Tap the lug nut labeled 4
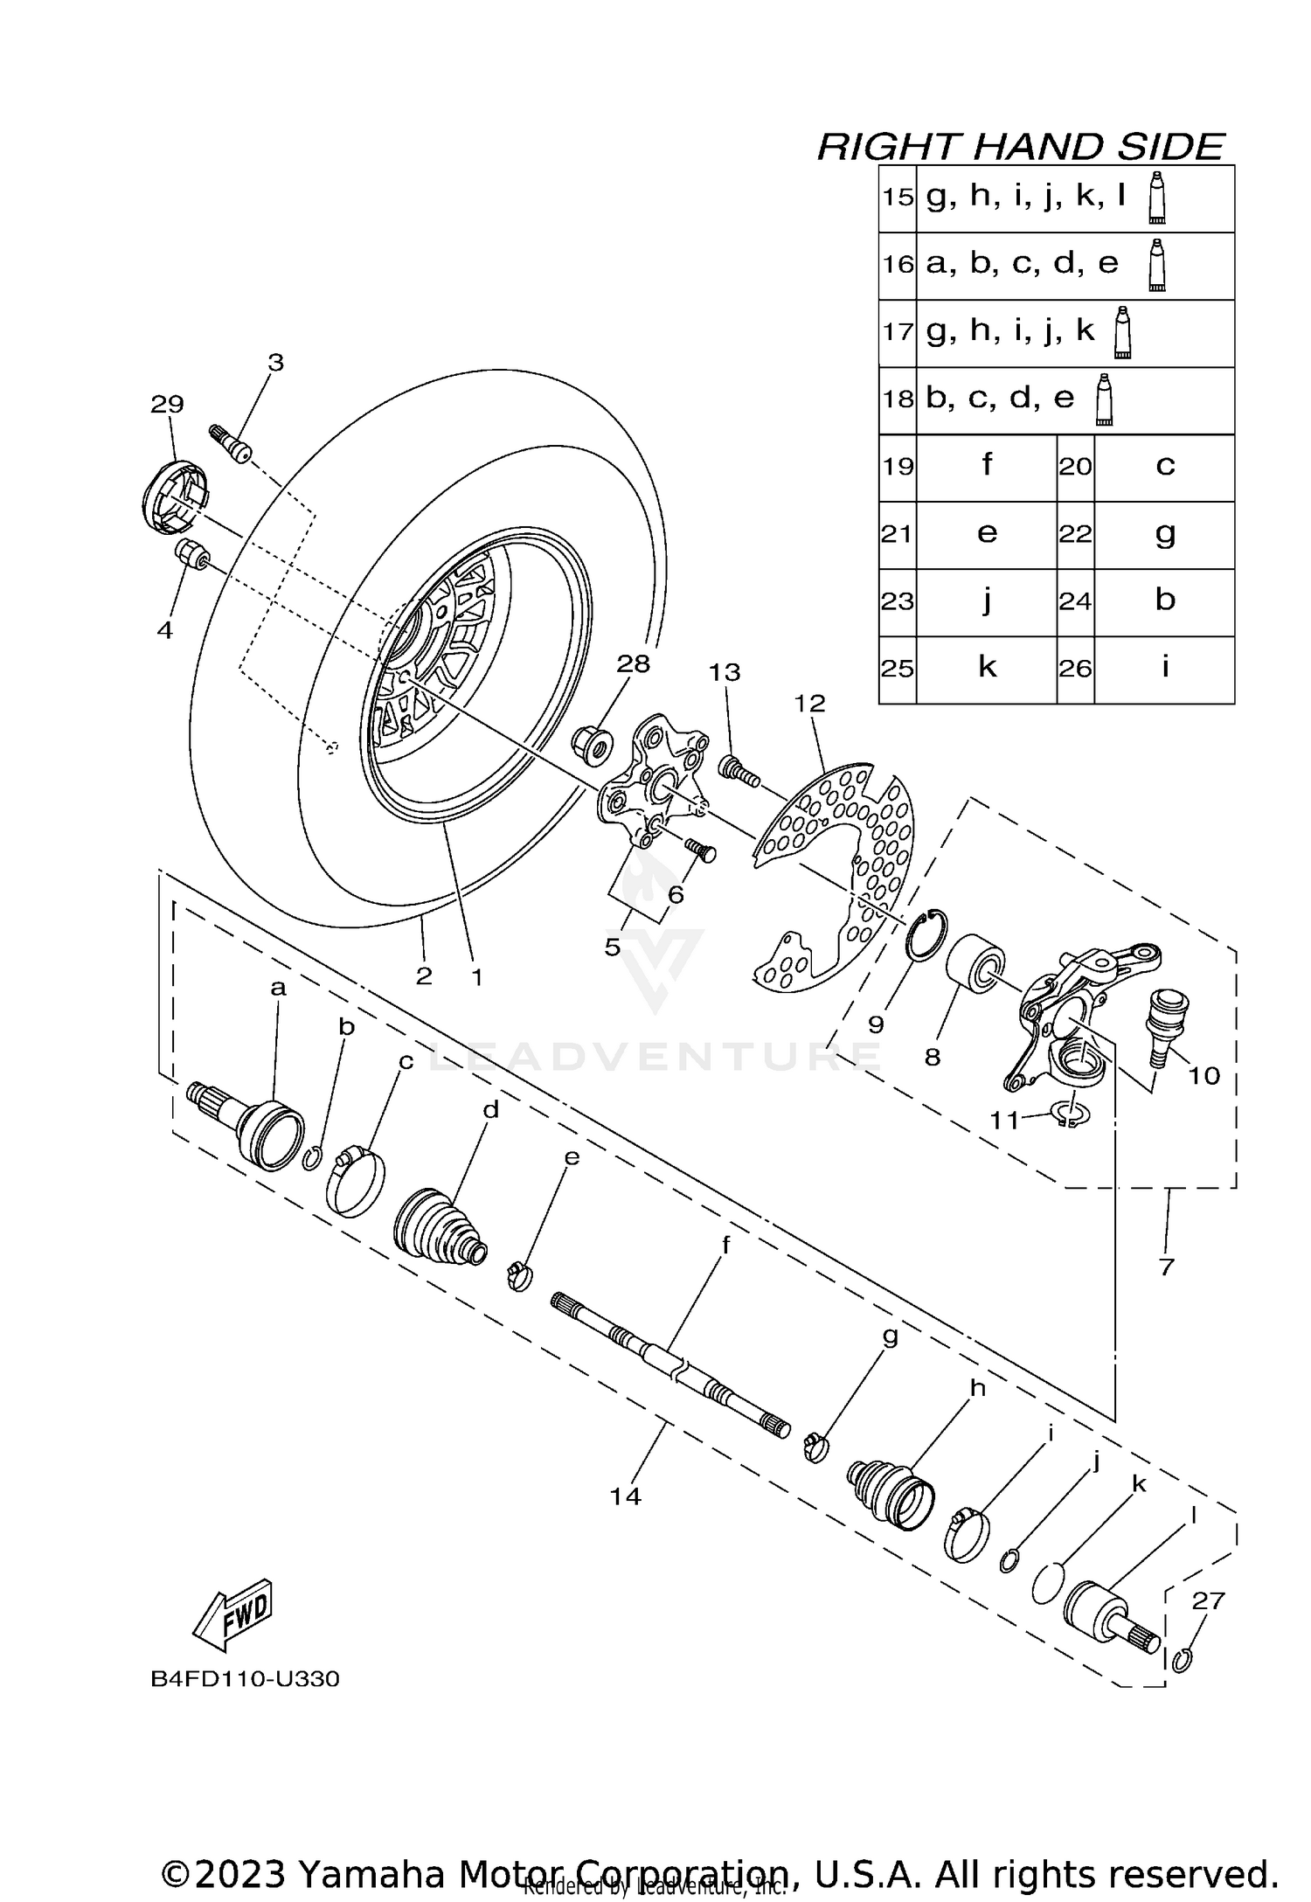pos(191,555)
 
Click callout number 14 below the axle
pos(626,1496)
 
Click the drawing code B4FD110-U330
pos(245,1679)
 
